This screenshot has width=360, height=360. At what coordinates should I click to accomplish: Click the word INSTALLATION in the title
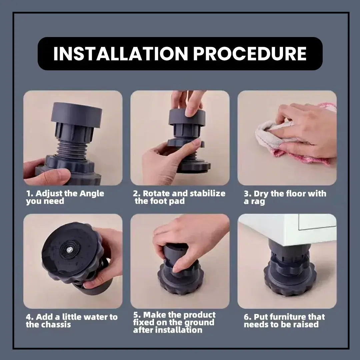click(x=121, y=54)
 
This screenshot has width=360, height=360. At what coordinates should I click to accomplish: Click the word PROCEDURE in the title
click(x=250, y=54)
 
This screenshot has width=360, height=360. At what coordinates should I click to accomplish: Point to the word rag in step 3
click(x=258, y=202)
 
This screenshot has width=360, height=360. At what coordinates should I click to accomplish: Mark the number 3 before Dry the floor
click(x=246, y=194)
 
